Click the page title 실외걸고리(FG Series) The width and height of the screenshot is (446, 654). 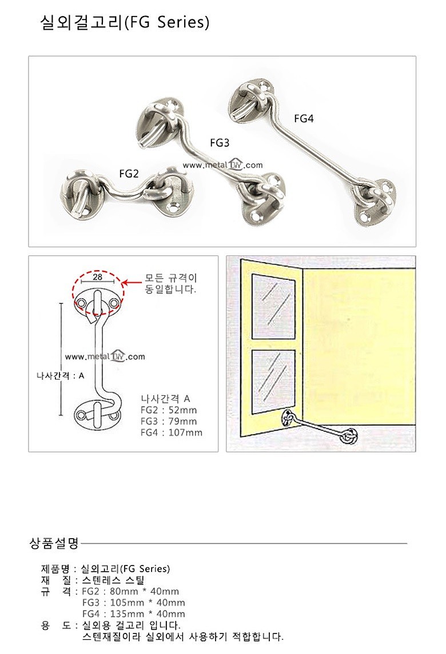[x=125, y=22]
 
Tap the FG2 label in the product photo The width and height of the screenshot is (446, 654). [x=129, y=174]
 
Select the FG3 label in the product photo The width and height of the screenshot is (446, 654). [x=220, y=143]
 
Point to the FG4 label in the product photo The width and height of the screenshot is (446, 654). [x=304, y=119]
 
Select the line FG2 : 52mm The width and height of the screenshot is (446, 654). [x=168, y=410]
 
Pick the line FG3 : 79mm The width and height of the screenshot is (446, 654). [x=168, y=422]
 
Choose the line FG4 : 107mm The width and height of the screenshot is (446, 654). [x=171, y=432]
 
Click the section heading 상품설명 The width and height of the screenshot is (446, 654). [x=54, y=543]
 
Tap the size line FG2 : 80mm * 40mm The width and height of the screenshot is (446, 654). [x=130, y=591]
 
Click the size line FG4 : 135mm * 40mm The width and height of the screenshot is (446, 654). [x=133, y=614]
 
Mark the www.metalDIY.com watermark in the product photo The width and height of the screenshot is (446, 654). [x=222, y=165]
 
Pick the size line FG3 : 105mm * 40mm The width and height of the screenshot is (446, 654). [x=133, y=603]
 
